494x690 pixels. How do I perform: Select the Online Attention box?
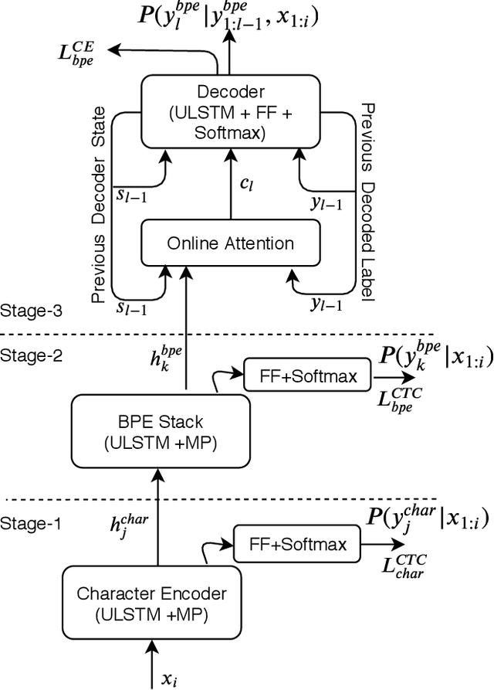coord(229,243)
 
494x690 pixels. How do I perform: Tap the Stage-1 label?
coord(31,522)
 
